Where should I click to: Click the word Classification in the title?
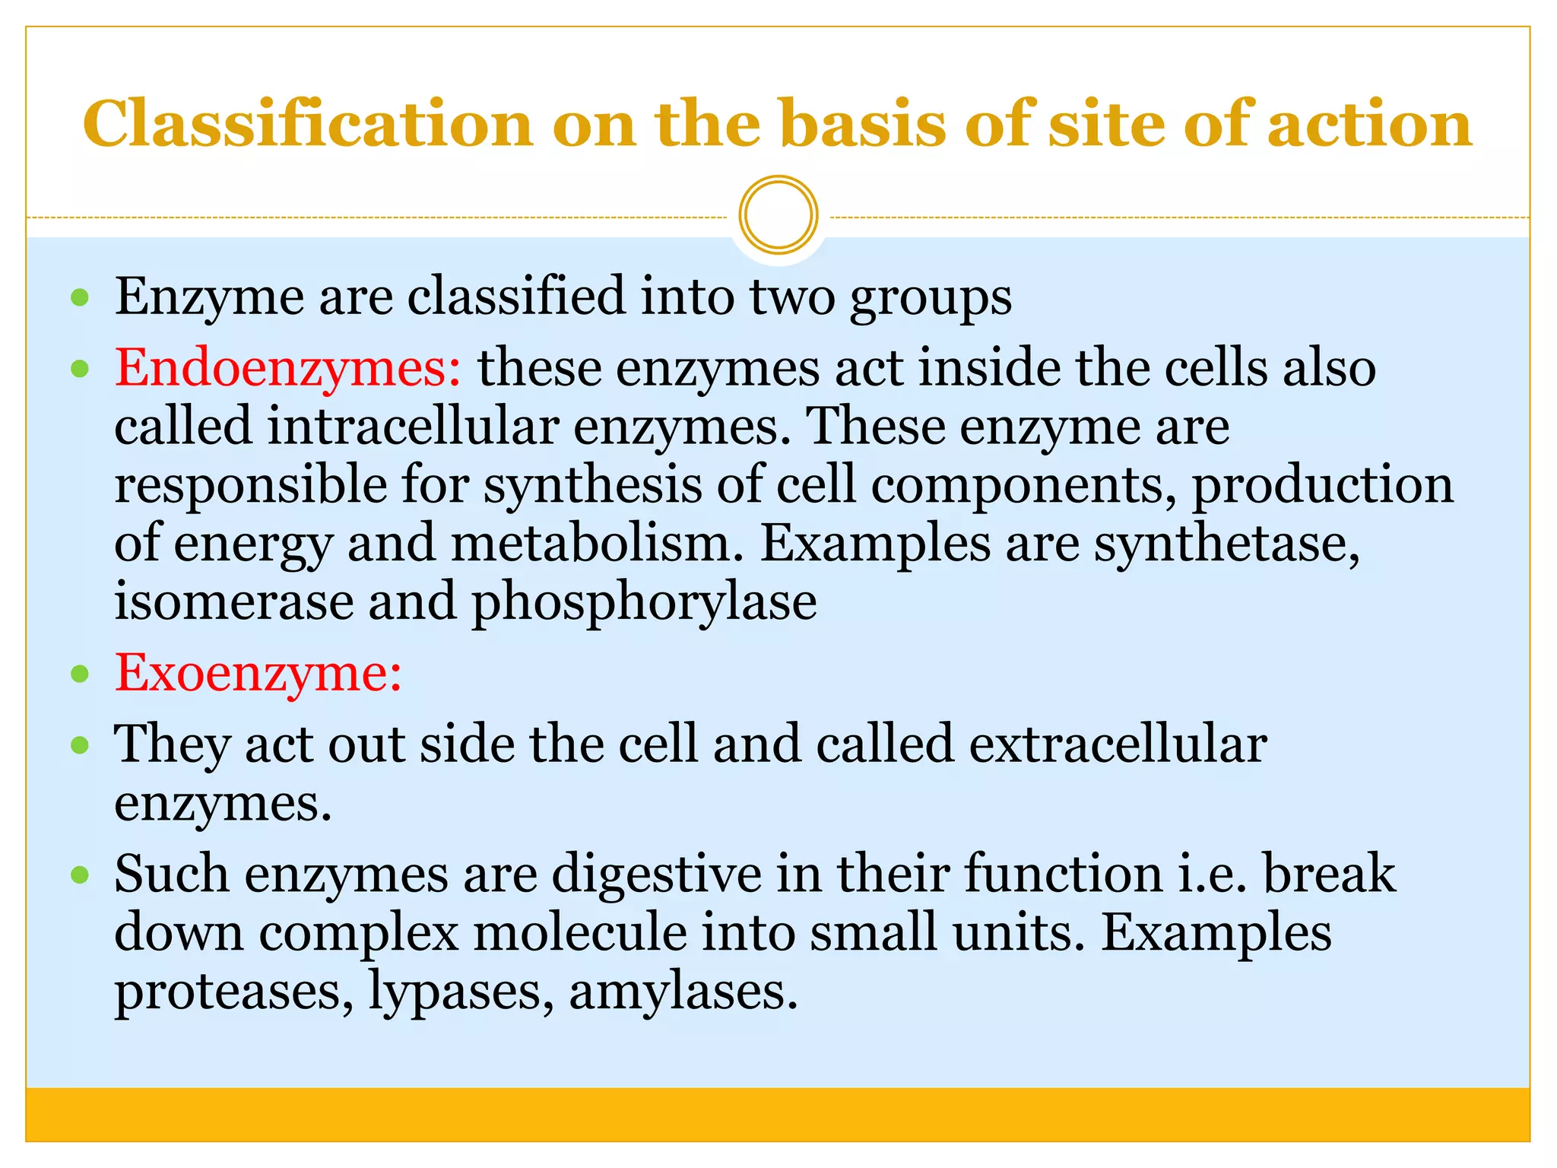pyautogui.click(x=307, y=124)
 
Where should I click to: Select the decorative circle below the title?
pyautogui.click(x=778, y=215)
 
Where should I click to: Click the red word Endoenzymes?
pyautogui.click(x=287, y=369)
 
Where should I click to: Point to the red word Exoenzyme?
pyautogui.click(x=258, y=674)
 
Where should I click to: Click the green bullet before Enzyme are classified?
pyautogui.click(x=80, y=297)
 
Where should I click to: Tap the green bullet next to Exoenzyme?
pyautogui.click(x=80, y=674)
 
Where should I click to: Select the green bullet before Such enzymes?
pyautogui.click(x=80, y=874)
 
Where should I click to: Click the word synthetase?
pyautogui.click(x=1226, y=544)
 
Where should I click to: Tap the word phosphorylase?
pyautogui.click(x=644, y=602)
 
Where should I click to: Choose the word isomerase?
pyautogui.click(x=234, y=602)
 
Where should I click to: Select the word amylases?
pyautogui.click(x=683, y=992)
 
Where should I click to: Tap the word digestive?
pyautogui.click(x=656, y=874)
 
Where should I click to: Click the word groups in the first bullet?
pyautogui.click(x=931, y=298)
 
